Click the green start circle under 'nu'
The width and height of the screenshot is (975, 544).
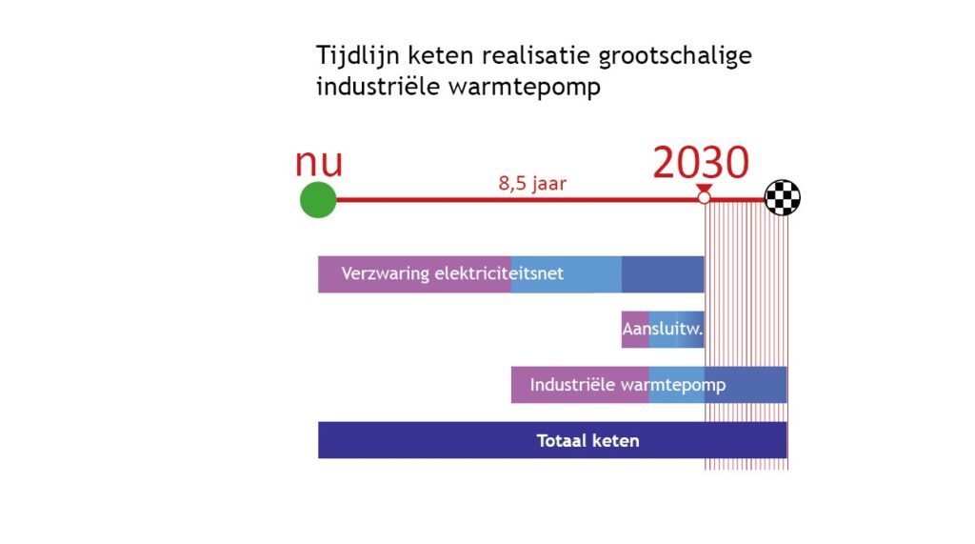tap(318, 200)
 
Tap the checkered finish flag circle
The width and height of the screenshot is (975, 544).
tap(782, 197)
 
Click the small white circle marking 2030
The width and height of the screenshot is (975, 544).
tap(704, 197)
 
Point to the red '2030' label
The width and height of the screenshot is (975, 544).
tap(701, 162)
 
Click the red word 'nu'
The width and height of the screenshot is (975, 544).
tap(318, 162)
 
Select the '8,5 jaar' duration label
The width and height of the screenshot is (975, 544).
tap(532, 183)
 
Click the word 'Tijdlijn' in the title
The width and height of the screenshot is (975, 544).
tap(358, 55)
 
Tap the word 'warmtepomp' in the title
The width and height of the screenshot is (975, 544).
tap(525, 87)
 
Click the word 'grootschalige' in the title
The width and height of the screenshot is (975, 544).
tap(675, 56)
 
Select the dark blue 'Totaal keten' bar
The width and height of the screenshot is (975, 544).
tap(552, 440)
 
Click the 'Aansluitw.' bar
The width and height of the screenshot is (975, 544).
tap(663, 330)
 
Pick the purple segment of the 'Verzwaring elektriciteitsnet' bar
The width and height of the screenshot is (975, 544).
tap(415, 273)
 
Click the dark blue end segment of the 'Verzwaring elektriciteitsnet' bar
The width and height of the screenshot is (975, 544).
tap(663, 273)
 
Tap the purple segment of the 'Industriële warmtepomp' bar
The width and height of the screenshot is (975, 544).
tap(580, 385)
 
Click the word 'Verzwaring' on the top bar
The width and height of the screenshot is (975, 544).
tap(385, 273)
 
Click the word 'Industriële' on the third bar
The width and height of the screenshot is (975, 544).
tap(572, 385)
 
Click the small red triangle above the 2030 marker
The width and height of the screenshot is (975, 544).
tap(704, 188)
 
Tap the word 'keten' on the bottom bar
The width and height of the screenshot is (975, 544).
tap(616, 441)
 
